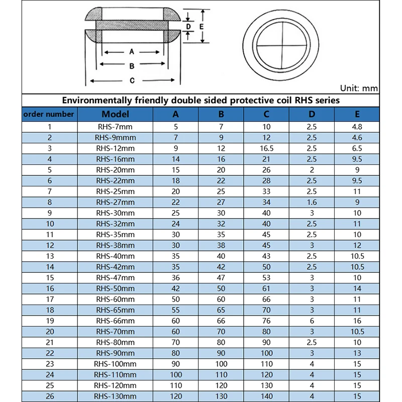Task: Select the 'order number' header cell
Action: (x=49, y=114)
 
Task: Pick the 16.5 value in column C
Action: (x=266, y=148)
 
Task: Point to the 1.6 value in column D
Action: (x=312, y=202)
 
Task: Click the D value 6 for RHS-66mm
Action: (x=312, y=321)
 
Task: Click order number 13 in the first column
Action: (x=49, y=256)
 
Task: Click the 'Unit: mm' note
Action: (x=359, y=88)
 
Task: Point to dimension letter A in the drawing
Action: (x=132, y=52)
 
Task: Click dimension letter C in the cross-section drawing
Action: (x=132, y=80)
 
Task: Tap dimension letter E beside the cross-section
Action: (x=202, y=26)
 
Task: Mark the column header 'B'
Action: (x=221, y=114)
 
